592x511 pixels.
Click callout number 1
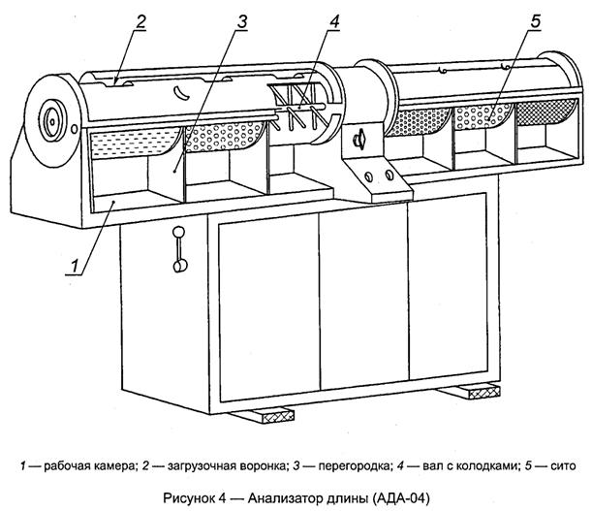pos(76,266)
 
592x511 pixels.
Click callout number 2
pos(140,22)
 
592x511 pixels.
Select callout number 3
pos(242,22)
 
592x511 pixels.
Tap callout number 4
pos(334,22)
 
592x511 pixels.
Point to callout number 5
pos(536,21)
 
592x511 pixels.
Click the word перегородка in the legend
pos(354,466)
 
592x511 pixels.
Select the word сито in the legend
pos(563,466)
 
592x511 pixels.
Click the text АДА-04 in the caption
pos(401,498)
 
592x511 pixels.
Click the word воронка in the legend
pos(264,466)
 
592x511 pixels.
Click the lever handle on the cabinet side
pos(179,249)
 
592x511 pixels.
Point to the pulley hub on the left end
pos(52,120)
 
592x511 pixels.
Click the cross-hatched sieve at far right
pos(546,112)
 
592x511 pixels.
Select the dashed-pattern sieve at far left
pos(134,143)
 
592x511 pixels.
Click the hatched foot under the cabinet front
pos(264,415)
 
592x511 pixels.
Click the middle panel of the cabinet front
pos(364,298)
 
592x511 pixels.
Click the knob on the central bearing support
pos(359,139)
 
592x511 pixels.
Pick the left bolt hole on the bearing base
pos(369,176)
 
